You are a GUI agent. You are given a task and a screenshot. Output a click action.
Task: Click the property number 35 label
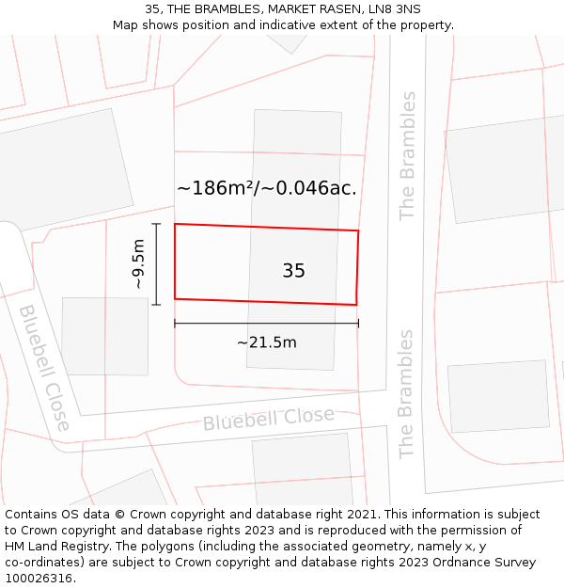click(x=293, y=271)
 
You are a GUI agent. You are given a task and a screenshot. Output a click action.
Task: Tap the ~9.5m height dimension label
click(x=138, y=264)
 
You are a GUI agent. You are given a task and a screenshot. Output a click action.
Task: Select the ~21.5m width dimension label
click(x=266, y=342)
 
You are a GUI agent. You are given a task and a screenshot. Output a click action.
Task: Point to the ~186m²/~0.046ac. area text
click(x=267, y=188)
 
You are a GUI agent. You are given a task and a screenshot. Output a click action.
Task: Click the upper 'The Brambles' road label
click(x=407, y=155)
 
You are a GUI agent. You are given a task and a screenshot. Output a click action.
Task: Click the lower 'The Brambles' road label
click(x=406, y=393)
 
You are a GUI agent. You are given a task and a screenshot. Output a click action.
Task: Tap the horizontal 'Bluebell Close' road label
click(x=269, y=419)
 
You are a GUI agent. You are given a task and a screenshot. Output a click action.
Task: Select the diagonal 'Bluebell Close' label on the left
click(x=43, y=367)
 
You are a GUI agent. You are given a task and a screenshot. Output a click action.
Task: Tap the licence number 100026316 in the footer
click(x=39, y=579)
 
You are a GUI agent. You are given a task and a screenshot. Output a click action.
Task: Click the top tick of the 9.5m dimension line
click(x=156, y=224)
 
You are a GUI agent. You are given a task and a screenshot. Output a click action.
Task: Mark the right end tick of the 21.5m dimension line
click(x=358, y=324)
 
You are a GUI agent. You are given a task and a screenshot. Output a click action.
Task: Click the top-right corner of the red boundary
click(x=358, y=230)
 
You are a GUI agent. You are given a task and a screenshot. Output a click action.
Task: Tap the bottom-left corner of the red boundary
click(x=175, y=299)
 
